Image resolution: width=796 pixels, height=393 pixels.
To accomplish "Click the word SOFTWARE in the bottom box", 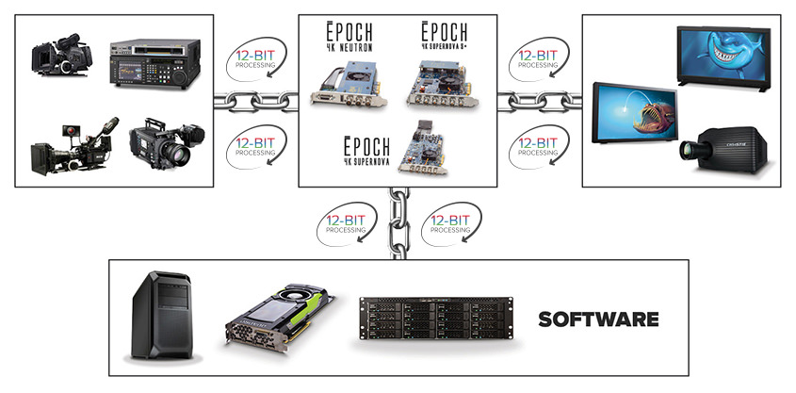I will pos(598,319).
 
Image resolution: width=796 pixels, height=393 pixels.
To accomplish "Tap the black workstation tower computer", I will pos(161,314).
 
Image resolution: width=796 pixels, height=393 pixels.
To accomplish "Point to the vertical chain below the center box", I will pos(397,223).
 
